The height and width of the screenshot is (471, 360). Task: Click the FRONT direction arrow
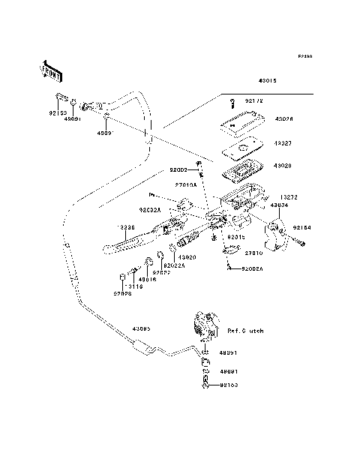tap(51, 72)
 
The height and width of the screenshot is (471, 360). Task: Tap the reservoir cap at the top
tap(241, 117)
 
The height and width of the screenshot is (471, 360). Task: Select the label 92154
tap(301, 226)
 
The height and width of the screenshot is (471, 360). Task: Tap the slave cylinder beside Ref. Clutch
tap(205, 325)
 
